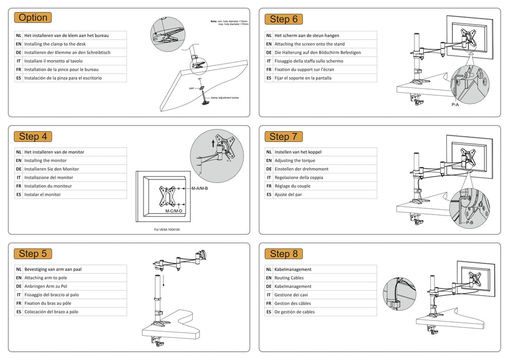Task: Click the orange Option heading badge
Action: click(33, 17)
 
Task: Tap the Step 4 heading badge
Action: click(33, 137)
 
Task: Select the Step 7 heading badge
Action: click(283, 137)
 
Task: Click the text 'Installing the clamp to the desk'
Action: click(55, 44)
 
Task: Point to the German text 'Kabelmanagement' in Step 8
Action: click(293, 286)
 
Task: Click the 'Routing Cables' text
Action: click(289, 278)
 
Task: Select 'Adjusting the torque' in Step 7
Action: click(295, 160)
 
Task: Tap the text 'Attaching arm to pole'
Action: click(46, 278)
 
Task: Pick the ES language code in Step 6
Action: click(269, 78)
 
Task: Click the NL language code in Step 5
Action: click(19, 269)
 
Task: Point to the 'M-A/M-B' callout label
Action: click(199, 189)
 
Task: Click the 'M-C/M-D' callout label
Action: click(174, 211)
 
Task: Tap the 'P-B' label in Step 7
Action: click(469, 223)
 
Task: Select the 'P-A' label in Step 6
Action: click(455, 104)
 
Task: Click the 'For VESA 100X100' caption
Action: click(167, 229)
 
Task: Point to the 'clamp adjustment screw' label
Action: click(225, 98)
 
